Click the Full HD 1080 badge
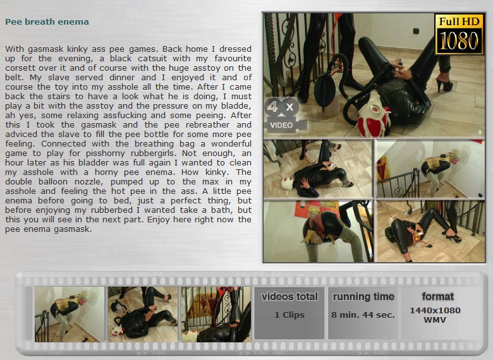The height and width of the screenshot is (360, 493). coord(459,34)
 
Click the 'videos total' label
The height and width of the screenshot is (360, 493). coord(289,297)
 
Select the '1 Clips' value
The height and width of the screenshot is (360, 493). coord(289,315)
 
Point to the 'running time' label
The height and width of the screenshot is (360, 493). coord(363,297)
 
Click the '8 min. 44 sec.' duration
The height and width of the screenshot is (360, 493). coord(363,315)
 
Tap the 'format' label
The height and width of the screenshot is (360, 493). coord(437,296)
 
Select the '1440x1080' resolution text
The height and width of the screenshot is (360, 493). coord(435,310)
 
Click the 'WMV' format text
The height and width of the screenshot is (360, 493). coord(435,320)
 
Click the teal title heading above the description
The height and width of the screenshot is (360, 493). coord(47,21)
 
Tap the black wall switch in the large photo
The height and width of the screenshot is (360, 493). coord(417,31)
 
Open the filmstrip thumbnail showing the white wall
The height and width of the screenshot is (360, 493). coord(70,314)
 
